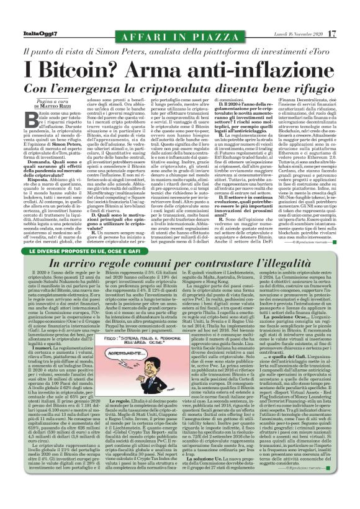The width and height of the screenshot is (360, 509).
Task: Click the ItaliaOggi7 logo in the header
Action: (37, 16)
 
